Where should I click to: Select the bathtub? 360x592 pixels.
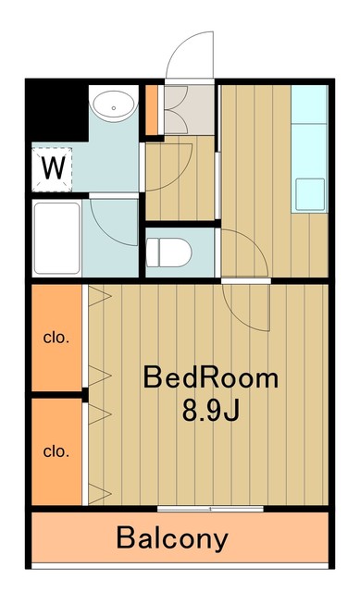click(x=56, y=238)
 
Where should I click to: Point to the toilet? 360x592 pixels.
click(x=170, y=250)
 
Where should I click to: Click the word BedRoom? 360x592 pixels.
click(x=210, y=378)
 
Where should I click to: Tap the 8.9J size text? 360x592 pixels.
click(x=210, y=409)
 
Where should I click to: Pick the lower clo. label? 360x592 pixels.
click(x=56, y=451)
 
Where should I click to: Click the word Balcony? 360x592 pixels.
click(x=172, y=538)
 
